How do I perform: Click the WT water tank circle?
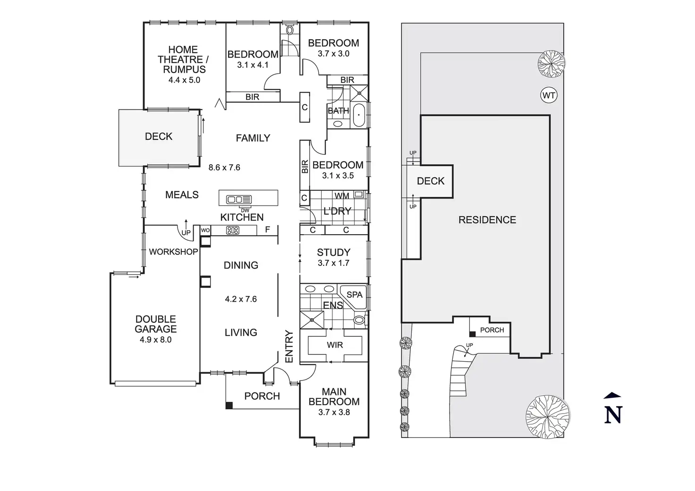click(548, 96)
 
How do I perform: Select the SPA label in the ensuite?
click(355, 295)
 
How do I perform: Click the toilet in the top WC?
click(290, 30)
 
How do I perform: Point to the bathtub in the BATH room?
click(359, 116)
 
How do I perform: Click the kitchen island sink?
click(239, 199)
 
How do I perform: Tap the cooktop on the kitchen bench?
click(233, 230)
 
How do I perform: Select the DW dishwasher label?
click(245, 210)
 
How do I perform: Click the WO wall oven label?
click(205, 230)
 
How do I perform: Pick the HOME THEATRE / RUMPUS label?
click(183, 59)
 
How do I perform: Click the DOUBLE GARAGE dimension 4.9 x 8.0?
click(155, 339)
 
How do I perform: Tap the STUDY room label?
click(333, 252)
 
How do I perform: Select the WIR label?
click(335, 345)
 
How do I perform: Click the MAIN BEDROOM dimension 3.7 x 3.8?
click(334, 412)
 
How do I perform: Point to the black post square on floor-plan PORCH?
click(229, 405)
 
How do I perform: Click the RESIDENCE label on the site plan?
click(487, 220)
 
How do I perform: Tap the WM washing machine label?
click(342, 195)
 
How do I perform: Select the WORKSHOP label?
click(173, 252)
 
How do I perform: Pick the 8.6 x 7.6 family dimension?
click(224, 167)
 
